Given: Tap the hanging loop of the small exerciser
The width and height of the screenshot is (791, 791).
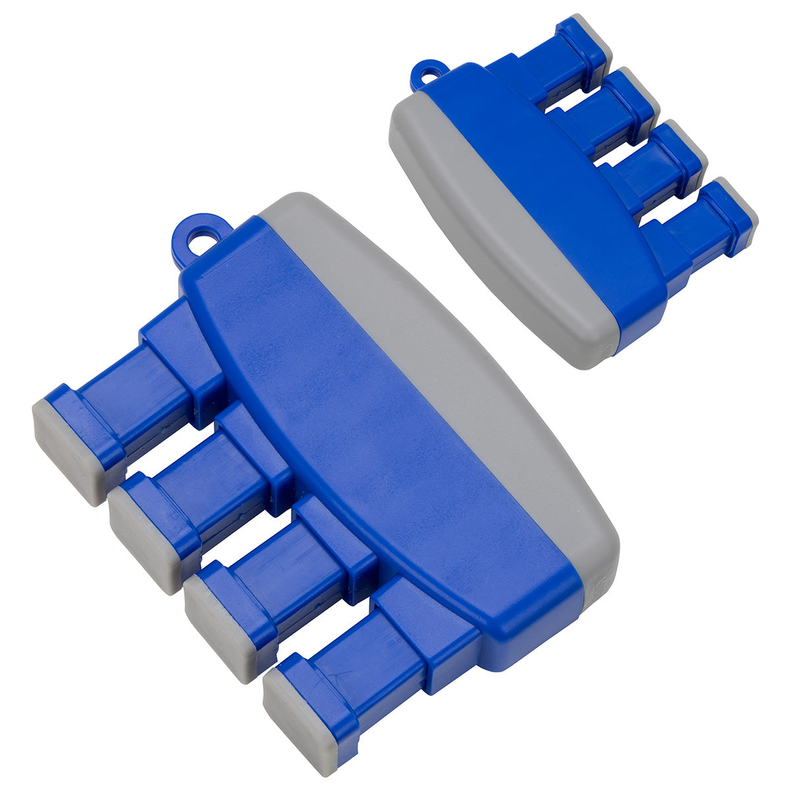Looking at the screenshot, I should [426, 74].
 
